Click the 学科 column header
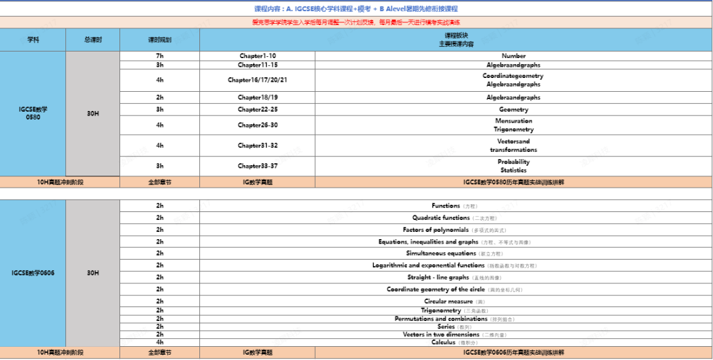click(33, 40)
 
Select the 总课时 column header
click(92, 40)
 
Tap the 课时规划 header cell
click(160, 40)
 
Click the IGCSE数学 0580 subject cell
click(33, 113)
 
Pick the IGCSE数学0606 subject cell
click(33, 272)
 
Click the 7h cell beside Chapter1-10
click(160, 55)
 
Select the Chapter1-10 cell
click(257, 55)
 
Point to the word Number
click(514, 55)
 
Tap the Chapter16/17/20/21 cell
click(257, 80)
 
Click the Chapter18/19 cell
click(257, 97)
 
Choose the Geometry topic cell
click(514, 109)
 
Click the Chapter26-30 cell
click(257, 125)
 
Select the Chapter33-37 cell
click(257, 166)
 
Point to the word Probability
click(514, 162)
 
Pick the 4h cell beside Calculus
click(160, 342)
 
